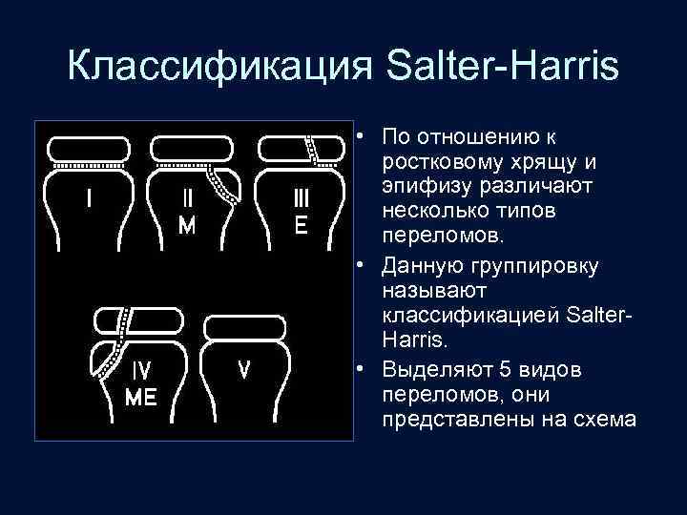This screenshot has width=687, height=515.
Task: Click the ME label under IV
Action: pyautogui.click(x=141, y=398)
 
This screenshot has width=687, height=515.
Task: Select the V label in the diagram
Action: pyautogui.click(x=244, y=369)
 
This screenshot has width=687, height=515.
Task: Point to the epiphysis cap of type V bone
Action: pyautogui.click(x=244, y=325)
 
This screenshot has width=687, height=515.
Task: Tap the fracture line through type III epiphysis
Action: pyautogui.click(x=310, y=149)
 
